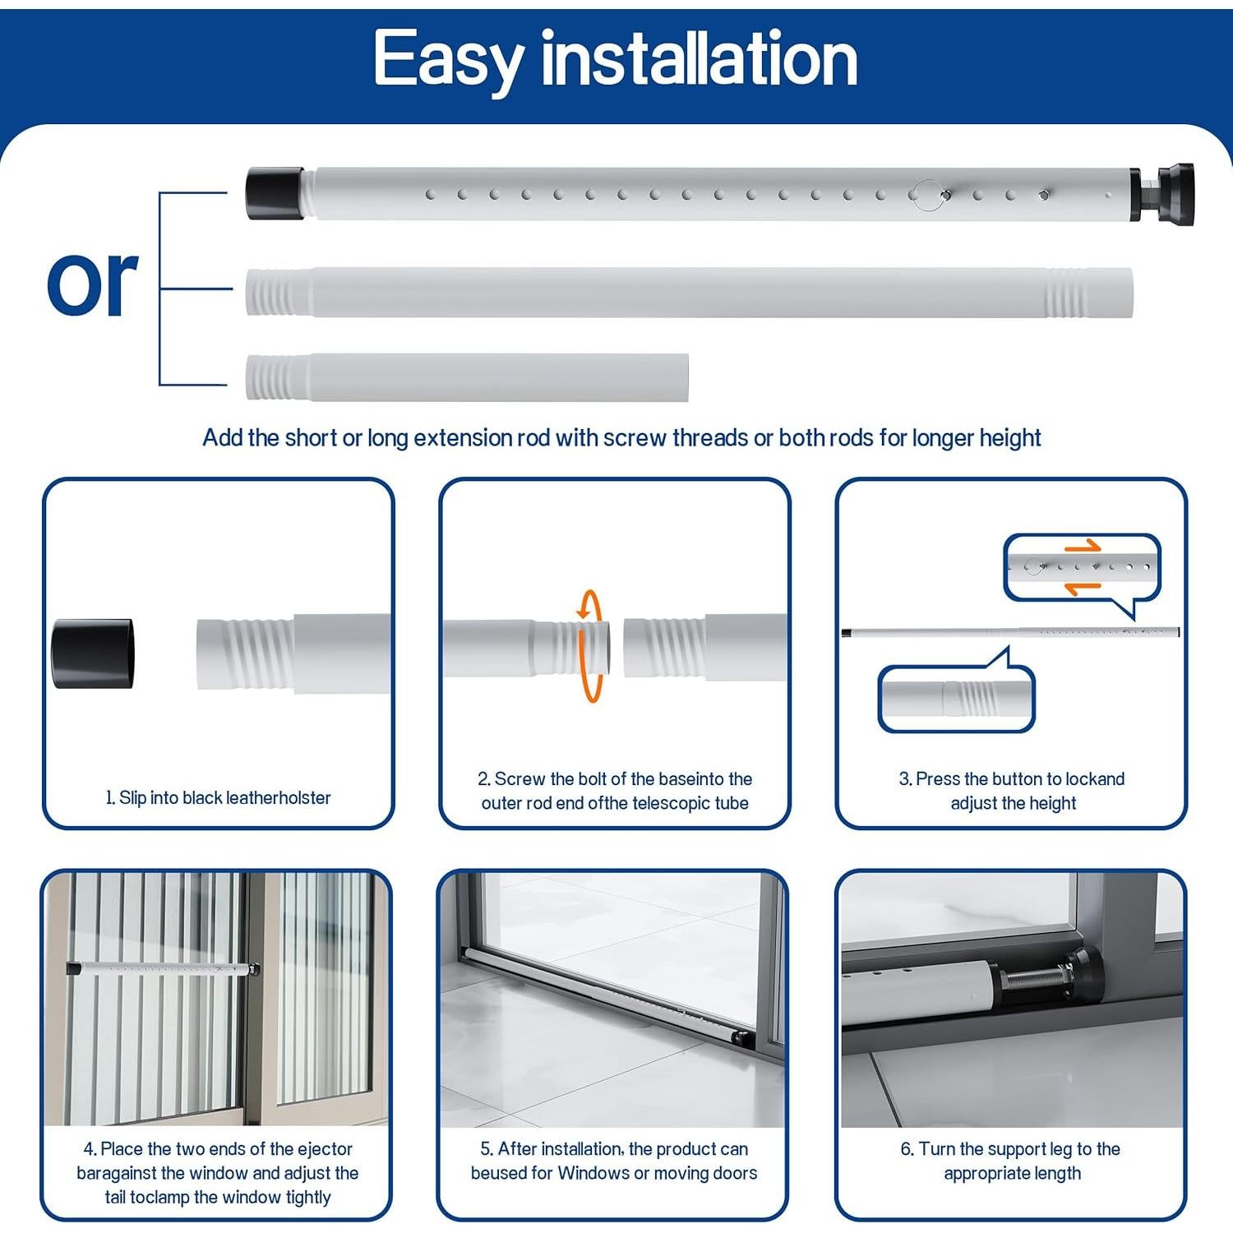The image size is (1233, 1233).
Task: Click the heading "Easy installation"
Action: pos(615,59)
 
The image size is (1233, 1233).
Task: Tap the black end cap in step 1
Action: pos(92,653)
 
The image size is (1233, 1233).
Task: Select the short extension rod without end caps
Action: pos(467,377)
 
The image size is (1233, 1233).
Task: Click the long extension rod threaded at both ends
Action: pos(689,292)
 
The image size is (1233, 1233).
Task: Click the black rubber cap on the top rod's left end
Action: pos(275,194)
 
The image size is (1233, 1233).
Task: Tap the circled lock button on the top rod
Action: pos(927,195)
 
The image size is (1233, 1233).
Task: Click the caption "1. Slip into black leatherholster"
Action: pos(218,797)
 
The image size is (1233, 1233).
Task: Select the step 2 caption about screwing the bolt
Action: pos(614,791)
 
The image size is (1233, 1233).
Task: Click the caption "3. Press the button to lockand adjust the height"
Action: pos(1012,791)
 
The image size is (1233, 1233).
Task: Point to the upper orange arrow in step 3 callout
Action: pos(1082,547)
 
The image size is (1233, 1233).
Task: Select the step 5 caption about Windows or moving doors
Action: pos(614,1161)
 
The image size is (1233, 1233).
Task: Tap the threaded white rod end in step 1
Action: pos(247,653)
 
